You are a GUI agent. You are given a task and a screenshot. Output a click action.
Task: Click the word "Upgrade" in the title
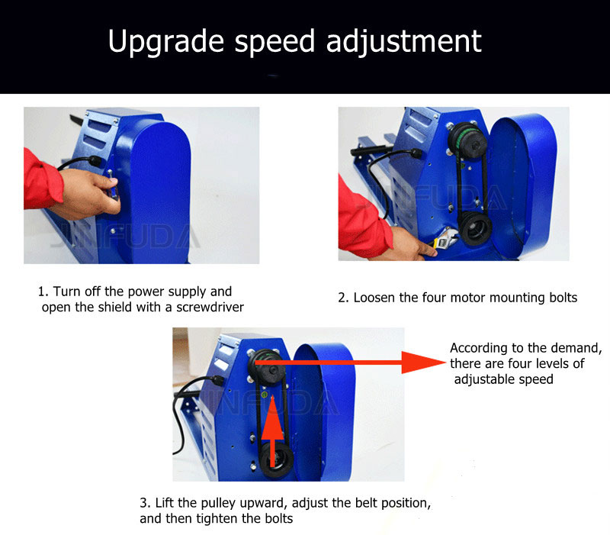click(166, 42)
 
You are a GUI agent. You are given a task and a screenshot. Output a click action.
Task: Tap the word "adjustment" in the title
click(404, 41)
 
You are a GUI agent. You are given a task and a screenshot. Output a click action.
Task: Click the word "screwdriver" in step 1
click(210, 307)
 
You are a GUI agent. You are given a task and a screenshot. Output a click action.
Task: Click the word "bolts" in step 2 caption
click(563, 298)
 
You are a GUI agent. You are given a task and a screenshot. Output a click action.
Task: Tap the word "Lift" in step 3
click(164, 503)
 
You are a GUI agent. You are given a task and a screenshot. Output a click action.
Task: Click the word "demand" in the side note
click(576, 348)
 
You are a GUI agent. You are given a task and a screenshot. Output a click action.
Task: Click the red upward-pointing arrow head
click(272, 417)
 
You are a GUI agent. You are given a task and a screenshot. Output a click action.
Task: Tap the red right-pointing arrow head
click(423, 362)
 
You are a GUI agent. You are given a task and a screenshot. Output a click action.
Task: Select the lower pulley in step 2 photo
click(474, 227)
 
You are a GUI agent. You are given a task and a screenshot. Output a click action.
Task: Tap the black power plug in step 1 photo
click(95, 160)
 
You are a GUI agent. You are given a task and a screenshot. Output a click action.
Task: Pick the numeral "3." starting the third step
click(145, 503)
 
